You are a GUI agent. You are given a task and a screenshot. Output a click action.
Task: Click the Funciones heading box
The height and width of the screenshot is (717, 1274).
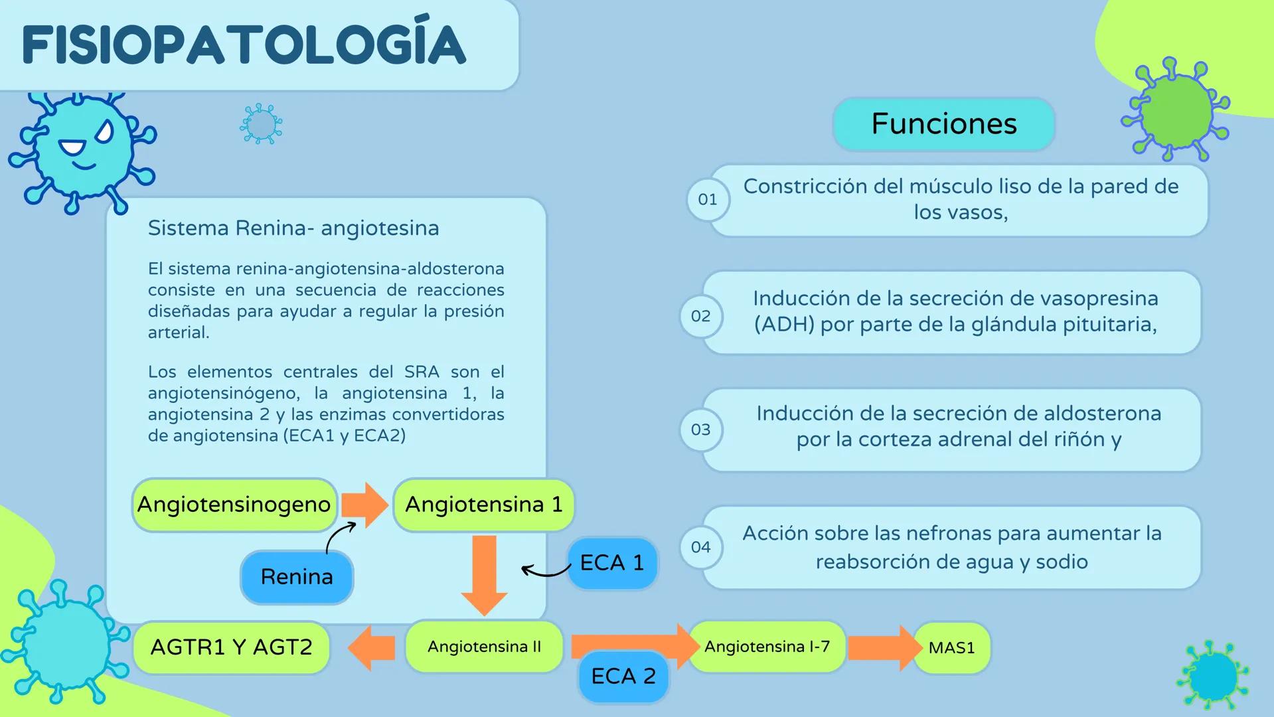(x=943, y=124)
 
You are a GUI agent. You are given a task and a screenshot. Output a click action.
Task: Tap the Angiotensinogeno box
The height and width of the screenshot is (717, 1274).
(x=234, y=505)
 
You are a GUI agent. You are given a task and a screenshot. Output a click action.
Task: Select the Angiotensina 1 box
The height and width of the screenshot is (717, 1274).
(x=483, y=505)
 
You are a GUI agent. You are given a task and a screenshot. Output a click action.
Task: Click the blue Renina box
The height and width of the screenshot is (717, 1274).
(x=297, y=577)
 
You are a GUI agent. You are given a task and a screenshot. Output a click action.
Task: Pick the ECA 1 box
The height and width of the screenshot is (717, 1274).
(x=612, y=563)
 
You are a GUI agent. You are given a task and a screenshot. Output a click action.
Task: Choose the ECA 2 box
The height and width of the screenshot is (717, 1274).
(x=623, y=677)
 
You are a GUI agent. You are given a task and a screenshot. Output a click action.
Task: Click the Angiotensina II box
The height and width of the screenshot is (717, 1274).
(x=484, y=647)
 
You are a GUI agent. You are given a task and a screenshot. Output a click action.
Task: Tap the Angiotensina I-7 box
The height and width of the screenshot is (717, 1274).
(x=767, y=647)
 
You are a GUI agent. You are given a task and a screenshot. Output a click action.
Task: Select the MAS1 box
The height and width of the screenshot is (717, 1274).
(x=951, y=648)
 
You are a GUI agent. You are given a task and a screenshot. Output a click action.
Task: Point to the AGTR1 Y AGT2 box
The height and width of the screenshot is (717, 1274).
(x=231, y=647)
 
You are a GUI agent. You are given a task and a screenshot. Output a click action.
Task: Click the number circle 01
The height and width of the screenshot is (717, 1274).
(x=707, y=199)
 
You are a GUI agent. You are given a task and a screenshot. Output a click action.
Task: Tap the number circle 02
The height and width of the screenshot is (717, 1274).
(x=700, y=316)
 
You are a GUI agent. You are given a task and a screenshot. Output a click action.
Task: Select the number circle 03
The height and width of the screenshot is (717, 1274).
(x=700, y=430)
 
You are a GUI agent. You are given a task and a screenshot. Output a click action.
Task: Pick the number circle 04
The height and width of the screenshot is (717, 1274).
(x=700, y=547)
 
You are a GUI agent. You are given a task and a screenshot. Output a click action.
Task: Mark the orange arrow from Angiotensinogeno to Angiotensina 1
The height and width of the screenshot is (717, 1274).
(x=364, y=505)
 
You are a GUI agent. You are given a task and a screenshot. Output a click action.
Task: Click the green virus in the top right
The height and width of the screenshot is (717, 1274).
(x=1176, y=110)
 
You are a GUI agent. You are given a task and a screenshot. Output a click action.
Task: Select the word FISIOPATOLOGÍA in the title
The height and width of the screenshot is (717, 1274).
(x=244, y=45)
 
